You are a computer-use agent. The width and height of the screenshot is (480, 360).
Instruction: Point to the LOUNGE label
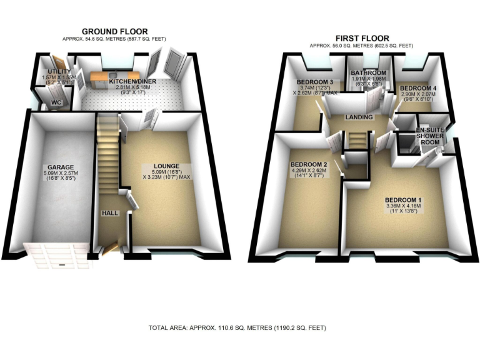click(162, 166)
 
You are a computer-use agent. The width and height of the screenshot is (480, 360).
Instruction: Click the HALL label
click(110, 213)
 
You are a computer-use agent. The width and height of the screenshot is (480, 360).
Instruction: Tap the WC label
click(56, 102)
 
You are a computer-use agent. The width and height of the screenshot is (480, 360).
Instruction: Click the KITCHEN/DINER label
click(133, 81)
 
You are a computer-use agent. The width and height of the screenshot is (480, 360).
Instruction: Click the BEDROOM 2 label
click(306, 164)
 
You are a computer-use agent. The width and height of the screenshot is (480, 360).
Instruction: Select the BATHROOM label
click(364, 72)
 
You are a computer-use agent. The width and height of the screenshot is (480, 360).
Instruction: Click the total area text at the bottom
click(237, 327)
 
